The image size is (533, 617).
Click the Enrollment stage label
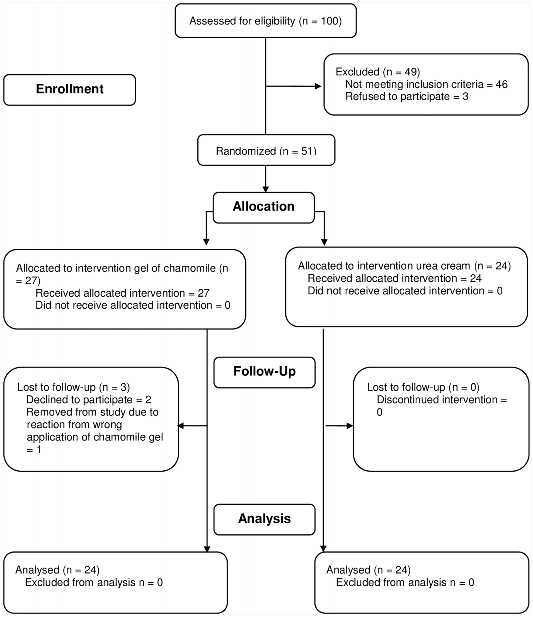coord(70,89)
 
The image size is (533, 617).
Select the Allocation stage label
coord(263,206)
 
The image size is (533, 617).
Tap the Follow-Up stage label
coord(265,371)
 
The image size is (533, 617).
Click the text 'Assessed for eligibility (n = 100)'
coord(266,21)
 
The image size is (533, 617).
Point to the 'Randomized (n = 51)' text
coord(266,151)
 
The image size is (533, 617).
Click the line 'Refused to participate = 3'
coord(407,96)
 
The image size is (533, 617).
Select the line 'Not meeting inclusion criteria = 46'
coord(427,84)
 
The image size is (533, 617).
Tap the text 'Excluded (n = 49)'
coord(378,72)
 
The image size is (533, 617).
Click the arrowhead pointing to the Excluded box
coord(318,86)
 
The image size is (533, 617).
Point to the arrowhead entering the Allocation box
coord(266,189)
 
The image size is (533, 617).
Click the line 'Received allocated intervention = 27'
coord(122,293)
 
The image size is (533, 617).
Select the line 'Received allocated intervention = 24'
coord(394,278)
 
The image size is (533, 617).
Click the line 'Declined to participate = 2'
coord(89,400)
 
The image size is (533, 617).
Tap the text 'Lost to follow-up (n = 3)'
coord(74,387)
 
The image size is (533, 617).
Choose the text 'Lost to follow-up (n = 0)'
coord(423,387)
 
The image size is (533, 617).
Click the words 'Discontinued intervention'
coord(437,400)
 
